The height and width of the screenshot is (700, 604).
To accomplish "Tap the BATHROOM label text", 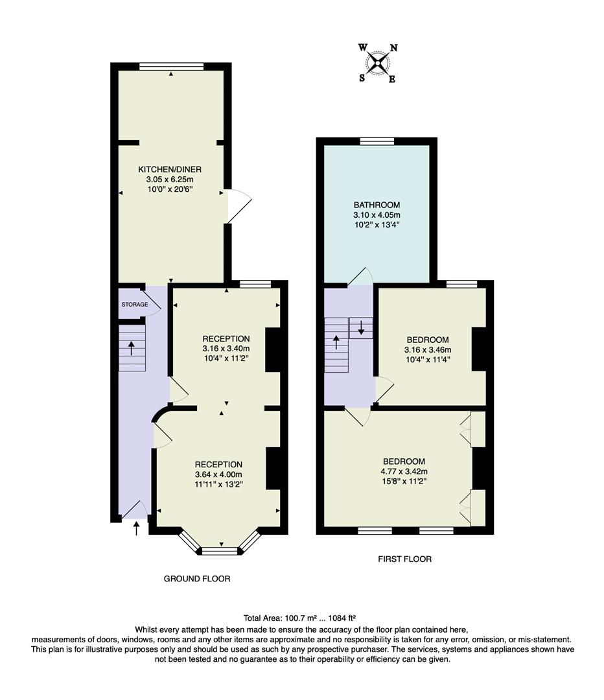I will [x=377, y=205].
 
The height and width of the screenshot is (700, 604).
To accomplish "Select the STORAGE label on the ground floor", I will [x=135, y=304].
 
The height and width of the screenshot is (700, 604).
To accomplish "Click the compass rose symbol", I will [x=378, y=63].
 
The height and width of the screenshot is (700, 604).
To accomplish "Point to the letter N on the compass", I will [x=393, y=48].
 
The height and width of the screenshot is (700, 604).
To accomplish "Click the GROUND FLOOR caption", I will [x=197, y=578].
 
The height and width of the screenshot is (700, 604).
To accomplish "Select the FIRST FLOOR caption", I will [x=405, y=559].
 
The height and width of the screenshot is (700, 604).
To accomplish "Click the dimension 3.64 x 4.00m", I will [x=219, y=474].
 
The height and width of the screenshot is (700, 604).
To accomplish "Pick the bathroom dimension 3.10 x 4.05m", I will [x=377, y=215].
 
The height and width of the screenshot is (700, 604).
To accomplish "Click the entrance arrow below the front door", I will [x=136, y=529].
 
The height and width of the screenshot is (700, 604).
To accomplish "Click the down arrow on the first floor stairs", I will [x=361, y=327].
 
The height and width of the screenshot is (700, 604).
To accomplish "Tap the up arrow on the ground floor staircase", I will [x=132, y=348].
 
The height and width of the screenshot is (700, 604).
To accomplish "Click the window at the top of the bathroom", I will [x=377, y=141].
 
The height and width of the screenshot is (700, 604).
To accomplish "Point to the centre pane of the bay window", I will [x=220, y=552].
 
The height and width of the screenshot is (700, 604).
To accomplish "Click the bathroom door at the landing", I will [x=361, y=276].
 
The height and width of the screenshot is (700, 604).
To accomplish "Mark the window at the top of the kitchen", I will [x=171, y=66].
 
